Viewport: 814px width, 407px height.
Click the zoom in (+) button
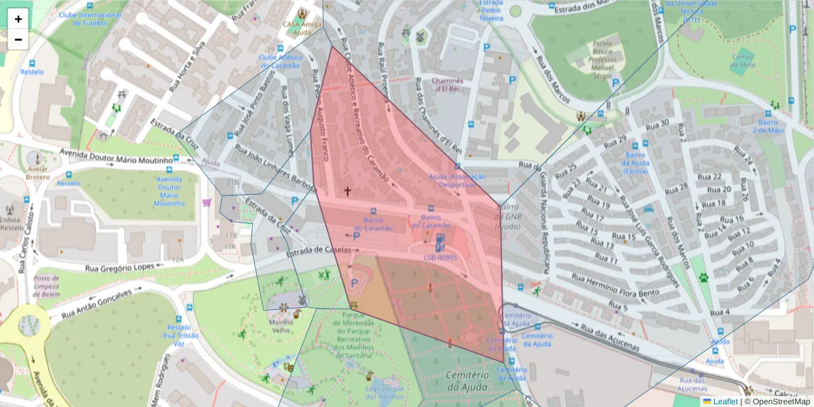[18, 19]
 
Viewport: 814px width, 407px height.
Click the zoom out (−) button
[18, 39]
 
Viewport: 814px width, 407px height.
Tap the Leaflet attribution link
[724, 402]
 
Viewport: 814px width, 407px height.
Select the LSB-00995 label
[441, 258]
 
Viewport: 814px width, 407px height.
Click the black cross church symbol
[347, 192]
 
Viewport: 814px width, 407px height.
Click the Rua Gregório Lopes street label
[119, 266]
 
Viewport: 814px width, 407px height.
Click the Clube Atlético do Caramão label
[279, 62]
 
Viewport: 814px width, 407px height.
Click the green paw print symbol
[703, 277]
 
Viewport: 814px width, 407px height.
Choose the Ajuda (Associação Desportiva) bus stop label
[457, 180]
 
